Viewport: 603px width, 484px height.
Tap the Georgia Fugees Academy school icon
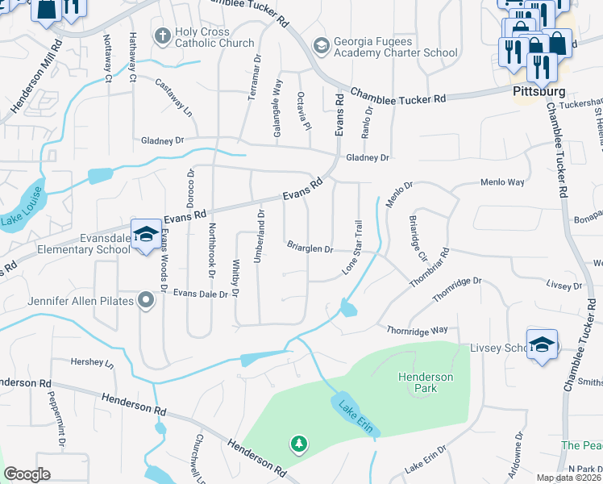point(322,46)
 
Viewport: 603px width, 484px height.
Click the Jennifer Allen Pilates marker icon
point(146,301)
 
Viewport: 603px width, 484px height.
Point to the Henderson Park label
point(425,382)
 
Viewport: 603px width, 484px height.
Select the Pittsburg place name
point(539,91)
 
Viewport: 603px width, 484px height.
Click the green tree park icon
point(298,444)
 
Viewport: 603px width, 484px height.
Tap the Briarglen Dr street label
point(310,248)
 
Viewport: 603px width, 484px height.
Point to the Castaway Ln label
point(174,96)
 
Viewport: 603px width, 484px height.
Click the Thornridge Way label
point(417,330)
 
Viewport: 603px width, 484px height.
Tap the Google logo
point(27,474)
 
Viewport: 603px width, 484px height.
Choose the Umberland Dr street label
point(260,228)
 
